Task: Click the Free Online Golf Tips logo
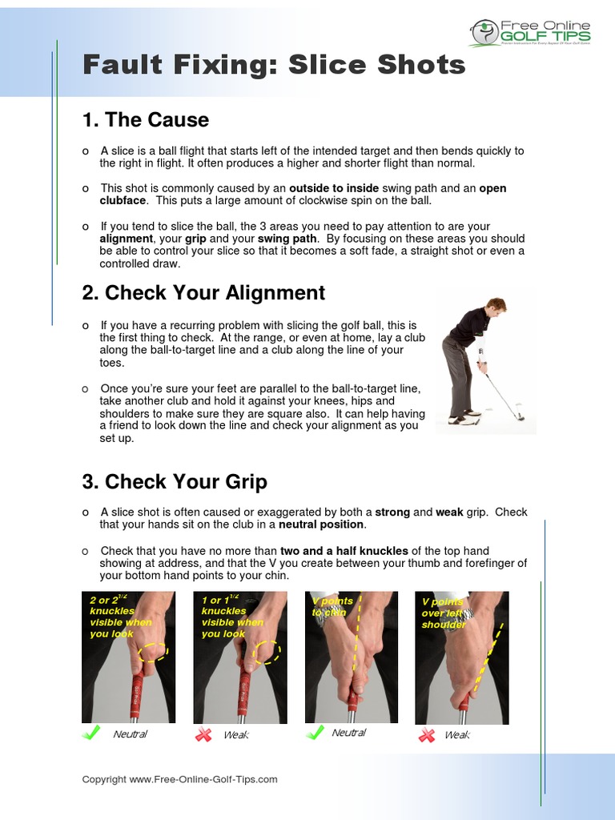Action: [530, 33]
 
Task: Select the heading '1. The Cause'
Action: [145, 120]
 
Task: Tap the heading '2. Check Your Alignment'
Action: [203, 293]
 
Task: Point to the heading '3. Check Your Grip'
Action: [175, 482]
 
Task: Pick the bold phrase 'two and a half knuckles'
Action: [344, 551]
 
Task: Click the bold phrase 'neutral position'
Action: [321, 525]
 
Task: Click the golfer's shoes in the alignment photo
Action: [464, 417]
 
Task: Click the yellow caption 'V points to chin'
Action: [332, 606]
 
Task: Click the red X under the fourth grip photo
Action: [427, 734]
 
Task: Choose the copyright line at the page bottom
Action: [179, 779]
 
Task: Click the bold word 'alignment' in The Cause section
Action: [126, 239]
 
